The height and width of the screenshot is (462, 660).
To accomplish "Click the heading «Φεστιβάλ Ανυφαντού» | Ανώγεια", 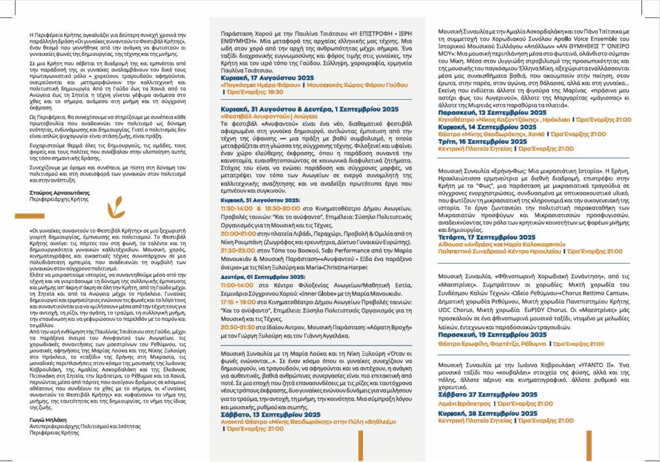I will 257,117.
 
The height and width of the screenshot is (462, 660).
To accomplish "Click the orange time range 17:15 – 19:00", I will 237,300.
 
